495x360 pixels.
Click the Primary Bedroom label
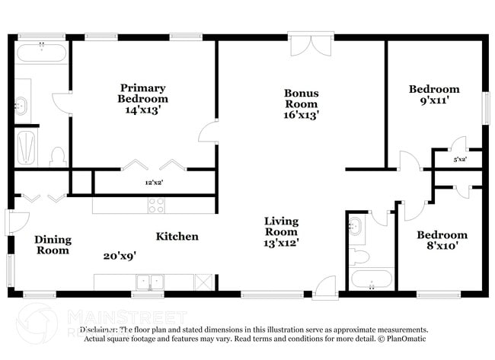coord(142,93)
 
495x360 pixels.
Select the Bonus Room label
coord(302,98)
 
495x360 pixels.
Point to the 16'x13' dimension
coord(302,116)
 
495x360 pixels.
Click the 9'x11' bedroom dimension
coord(433,100)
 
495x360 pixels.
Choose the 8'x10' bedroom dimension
coord(442,247)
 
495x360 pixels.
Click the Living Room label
coord(281,226)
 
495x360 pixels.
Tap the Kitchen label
coord(177,237)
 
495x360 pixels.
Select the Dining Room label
coord(53,244)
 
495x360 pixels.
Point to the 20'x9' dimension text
coord(120,256)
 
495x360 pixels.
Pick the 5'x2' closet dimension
coord(461,160)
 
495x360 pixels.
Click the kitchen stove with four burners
coord(156,205)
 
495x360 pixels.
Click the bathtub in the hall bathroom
coord(372,279)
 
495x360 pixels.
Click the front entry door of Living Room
coord(325,288)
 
